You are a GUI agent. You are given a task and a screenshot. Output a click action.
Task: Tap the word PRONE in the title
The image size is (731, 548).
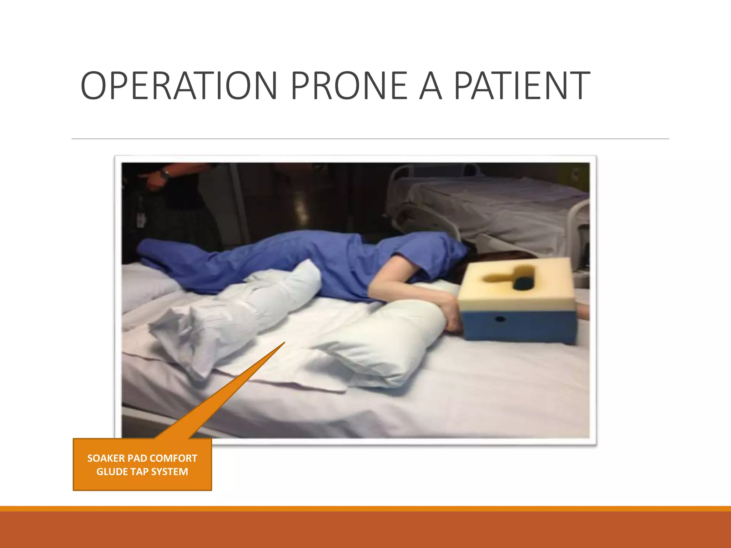[x=349, y=86]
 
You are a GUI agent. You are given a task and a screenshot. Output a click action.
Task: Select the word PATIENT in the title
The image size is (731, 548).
[x=521, y=86]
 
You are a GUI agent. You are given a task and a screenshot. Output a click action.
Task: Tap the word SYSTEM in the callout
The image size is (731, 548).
[x=170, y=472]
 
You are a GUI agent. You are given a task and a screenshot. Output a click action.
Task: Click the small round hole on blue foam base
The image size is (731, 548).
[x=500, y=319]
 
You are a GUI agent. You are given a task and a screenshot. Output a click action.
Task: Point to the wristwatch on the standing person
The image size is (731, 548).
[x=165, y=174]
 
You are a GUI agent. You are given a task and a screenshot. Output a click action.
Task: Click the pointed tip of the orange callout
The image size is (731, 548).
[x=284, y=342]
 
